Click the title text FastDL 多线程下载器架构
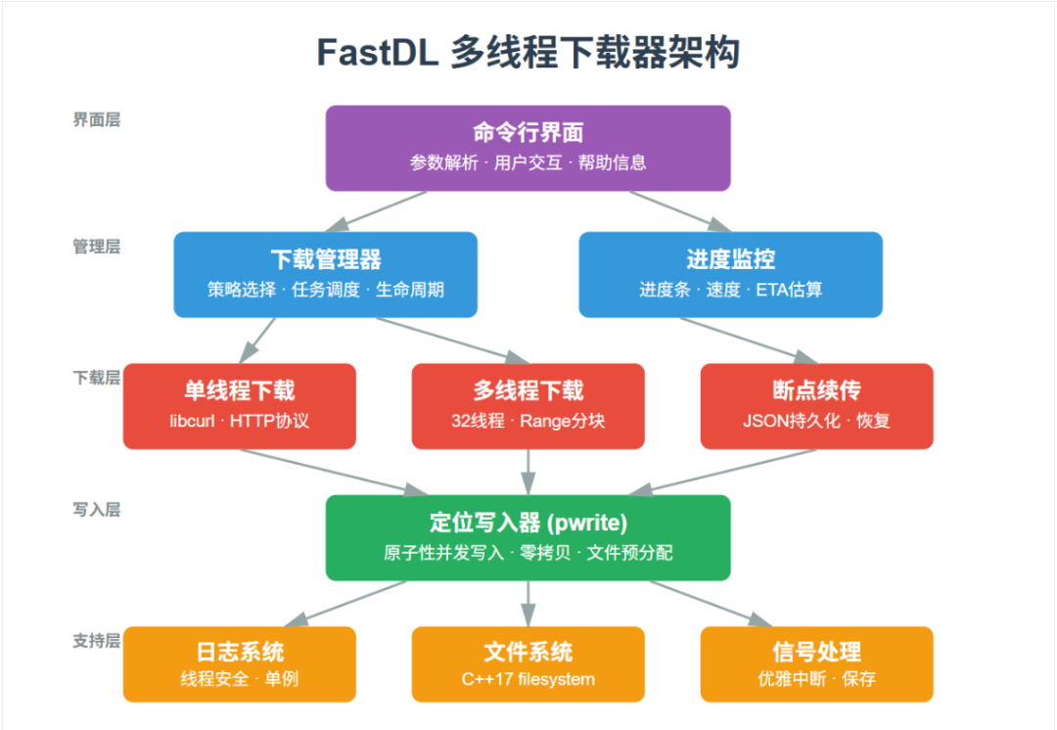point(528,52)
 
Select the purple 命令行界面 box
point(528,148)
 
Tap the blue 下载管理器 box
point(325,274)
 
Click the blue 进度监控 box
point(730,274)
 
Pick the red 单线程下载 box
point(239,406)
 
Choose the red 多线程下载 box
point(528,406)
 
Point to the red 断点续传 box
point(816,406)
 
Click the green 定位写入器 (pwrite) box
point(528,537)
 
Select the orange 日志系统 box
point(239,664)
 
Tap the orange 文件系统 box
point(528,664)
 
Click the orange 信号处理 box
point(816,664)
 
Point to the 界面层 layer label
point(96,120)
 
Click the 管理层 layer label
point(96,247)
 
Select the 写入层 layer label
point(96,510)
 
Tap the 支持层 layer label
point(96,641)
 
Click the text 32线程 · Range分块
point(528,422)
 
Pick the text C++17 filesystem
point(528,679)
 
